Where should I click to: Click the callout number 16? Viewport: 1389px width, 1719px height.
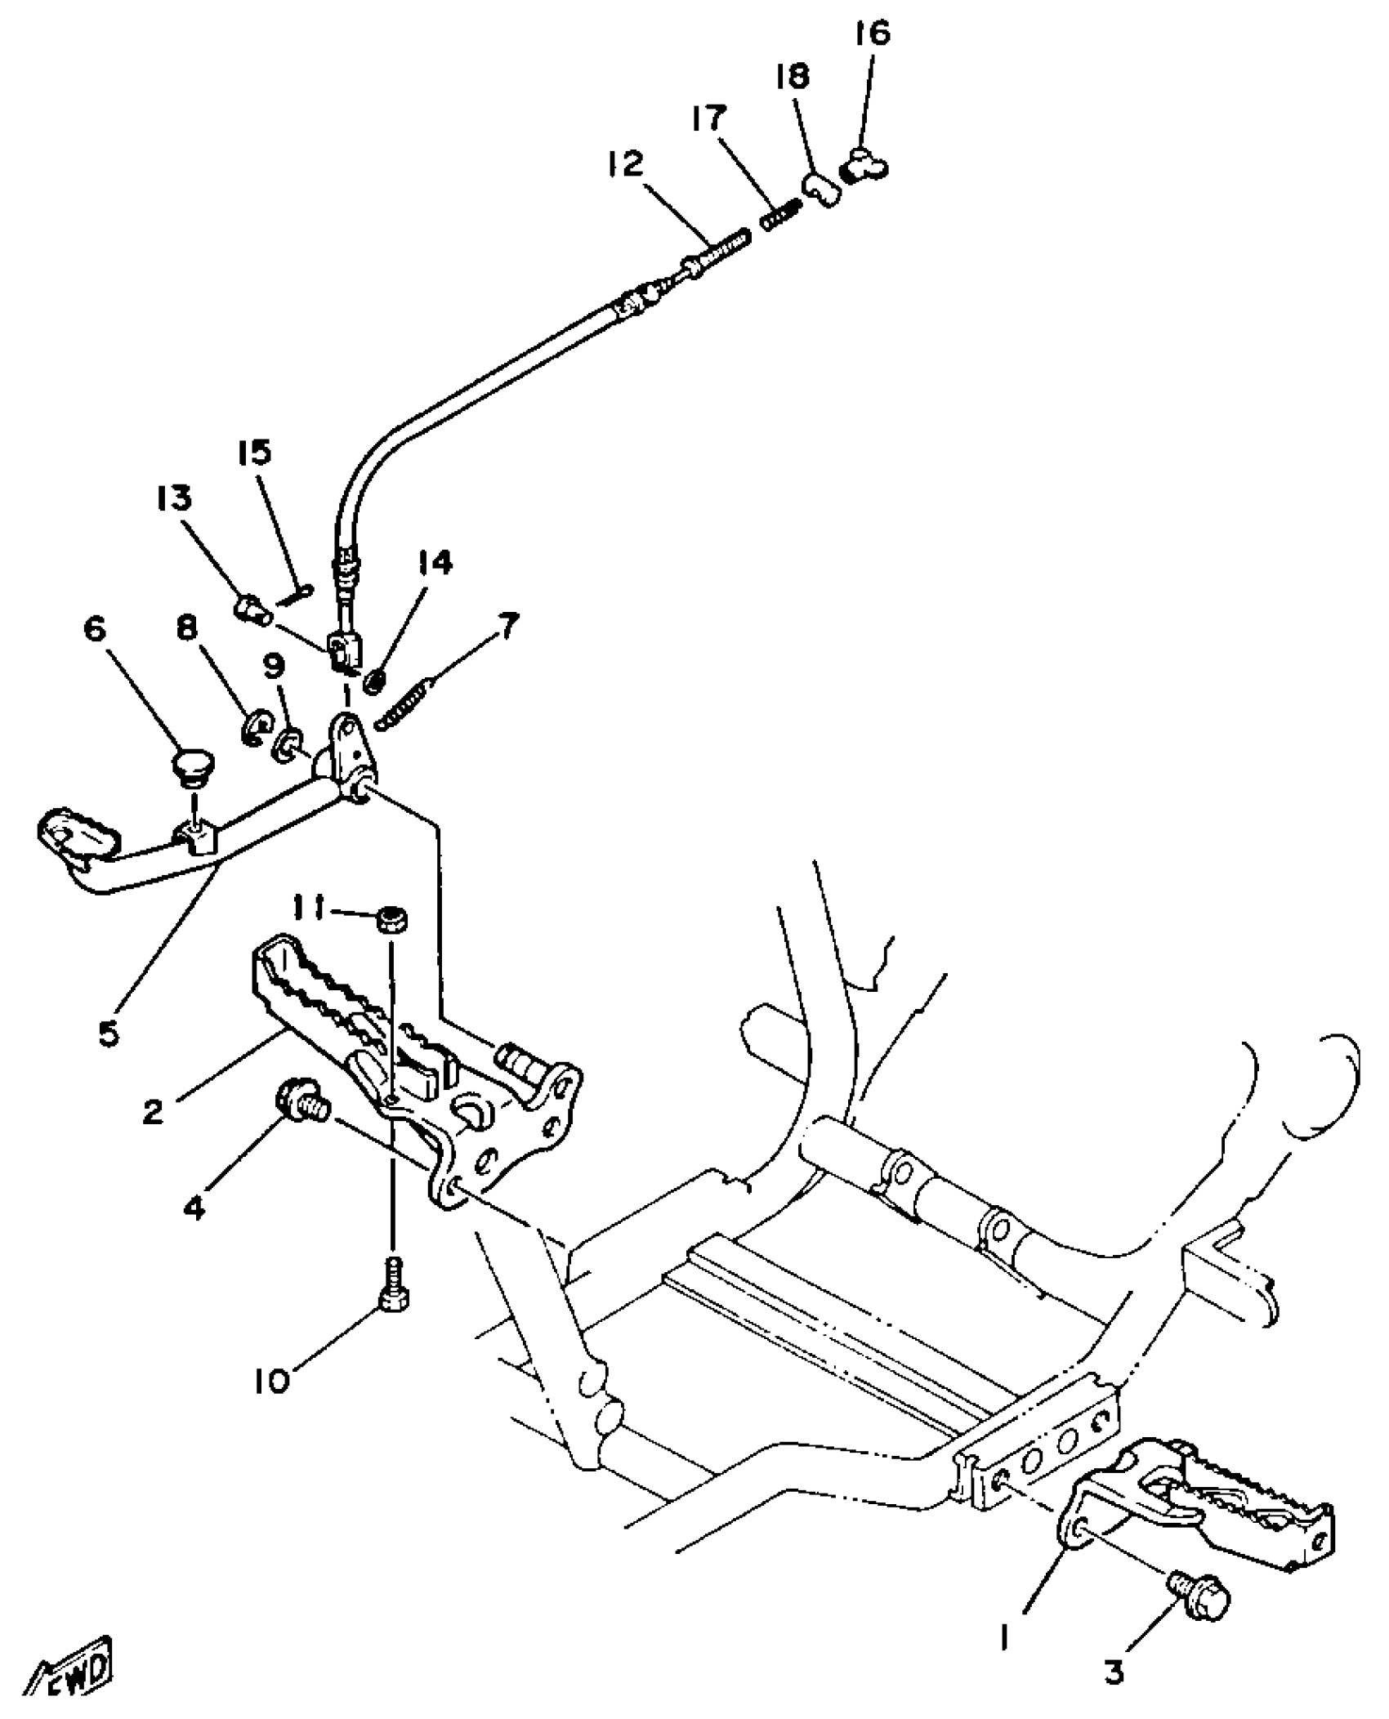click(872, 35)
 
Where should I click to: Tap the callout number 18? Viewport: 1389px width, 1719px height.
click(792, 77)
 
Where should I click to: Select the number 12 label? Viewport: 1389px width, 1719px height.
click(625, 163)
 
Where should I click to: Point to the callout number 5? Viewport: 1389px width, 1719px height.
click(109, 1034)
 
